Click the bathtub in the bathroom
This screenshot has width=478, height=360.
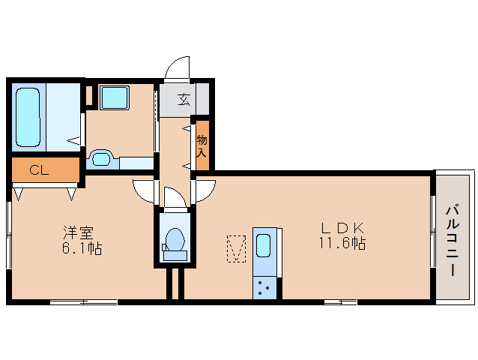(x=28, y=118)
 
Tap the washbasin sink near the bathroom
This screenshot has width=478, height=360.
(x=100, y=159)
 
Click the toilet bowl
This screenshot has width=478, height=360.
(x=175, y=240)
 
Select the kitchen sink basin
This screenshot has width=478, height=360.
(x=264, y=247)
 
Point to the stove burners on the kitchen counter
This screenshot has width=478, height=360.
(x=264, y=288)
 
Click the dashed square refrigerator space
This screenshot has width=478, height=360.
(x=237, y=248)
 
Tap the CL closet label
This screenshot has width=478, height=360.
(x=39, y=170)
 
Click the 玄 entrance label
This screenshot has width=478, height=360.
(x=183, y=99)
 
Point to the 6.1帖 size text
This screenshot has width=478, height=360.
(x=81, y=248)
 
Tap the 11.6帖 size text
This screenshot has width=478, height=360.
(x=344, y=244)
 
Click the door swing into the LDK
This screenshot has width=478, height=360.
(x=205, y=192)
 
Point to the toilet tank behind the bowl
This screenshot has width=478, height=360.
(x=175, y=256)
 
